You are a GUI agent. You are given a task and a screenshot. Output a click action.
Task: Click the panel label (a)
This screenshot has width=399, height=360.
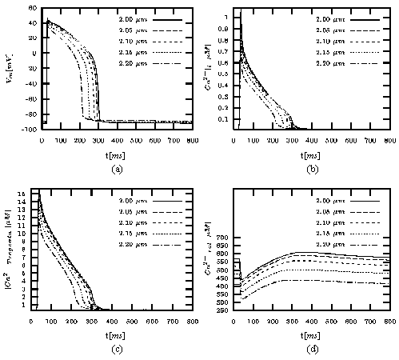tap(118, 169)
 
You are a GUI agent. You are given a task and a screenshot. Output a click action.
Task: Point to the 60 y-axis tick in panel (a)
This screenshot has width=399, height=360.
tap(32, 8)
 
